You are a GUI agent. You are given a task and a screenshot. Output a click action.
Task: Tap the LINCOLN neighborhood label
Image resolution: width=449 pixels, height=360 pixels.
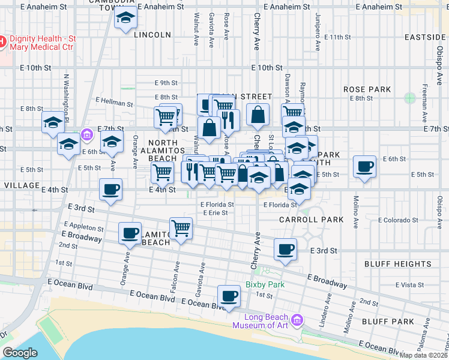coord(152,35)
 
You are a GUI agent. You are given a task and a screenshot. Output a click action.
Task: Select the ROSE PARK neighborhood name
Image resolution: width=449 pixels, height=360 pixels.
coord(367,89)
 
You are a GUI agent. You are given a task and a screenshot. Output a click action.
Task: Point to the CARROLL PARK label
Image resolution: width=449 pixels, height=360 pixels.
coord(312,220)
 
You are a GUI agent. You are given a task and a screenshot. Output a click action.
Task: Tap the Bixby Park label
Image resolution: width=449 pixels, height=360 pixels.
coord(265,284)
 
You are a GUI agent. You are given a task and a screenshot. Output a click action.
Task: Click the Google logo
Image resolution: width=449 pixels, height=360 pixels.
coord(20,353)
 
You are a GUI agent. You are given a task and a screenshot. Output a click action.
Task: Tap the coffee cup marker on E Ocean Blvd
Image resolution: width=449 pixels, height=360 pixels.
coord(229,295)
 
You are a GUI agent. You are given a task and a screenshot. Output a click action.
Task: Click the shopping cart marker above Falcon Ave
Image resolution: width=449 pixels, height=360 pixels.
coord(181,227)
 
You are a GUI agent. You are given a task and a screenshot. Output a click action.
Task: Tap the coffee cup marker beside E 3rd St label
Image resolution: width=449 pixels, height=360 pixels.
coord(286,248)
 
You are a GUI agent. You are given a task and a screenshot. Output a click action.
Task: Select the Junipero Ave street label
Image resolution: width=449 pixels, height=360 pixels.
coord(316,23)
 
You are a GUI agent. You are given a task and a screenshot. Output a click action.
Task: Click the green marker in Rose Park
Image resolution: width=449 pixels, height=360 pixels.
coord(410,98)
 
